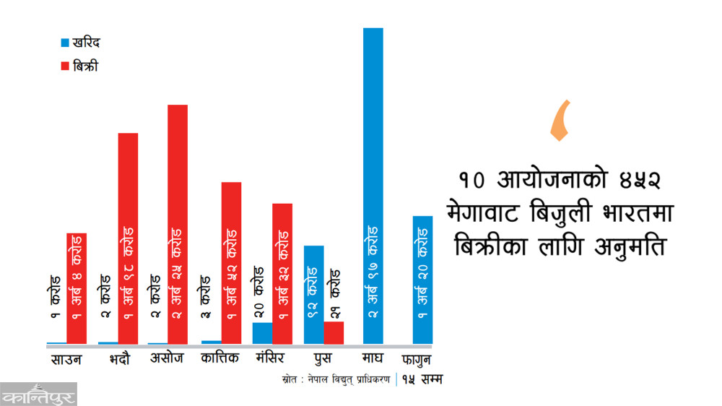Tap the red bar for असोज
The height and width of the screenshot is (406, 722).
tap(178, 224)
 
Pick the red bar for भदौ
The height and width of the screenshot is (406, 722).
tap(128, 238)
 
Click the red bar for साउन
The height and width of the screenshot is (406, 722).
tap(77, 288)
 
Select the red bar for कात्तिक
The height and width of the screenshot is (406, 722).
tap(231, 263)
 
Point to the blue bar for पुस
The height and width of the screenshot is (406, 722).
tap(313, 295)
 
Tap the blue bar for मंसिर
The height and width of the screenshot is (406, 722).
tap(262, 333)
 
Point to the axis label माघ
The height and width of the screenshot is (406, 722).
tap(371, 358)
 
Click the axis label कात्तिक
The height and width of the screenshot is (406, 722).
tap(220, 358)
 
